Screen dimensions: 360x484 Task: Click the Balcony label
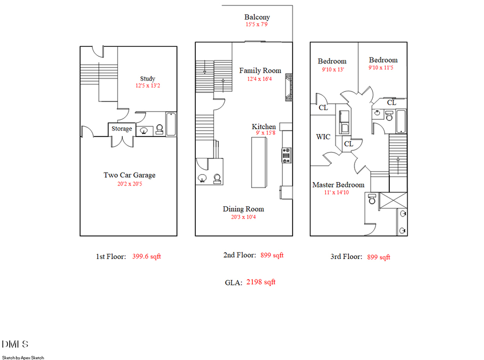tap(257, 17)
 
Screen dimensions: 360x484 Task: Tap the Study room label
tap(147, 79)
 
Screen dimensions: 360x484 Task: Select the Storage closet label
tap(122, 129)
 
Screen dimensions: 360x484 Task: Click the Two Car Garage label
tap(130, 175)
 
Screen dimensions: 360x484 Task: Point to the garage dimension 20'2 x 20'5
tap(130, 184)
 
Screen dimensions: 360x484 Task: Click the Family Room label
tap(260, 71)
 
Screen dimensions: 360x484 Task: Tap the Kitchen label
tap(264, 127)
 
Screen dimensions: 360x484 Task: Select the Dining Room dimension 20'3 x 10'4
tap(243, 217)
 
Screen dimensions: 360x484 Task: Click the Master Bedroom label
tap(338, 185)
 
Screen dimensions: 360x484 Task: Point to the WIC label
tap(323, 137)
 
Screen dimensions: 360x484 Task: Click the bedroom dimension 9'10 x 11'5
tap(383, 68)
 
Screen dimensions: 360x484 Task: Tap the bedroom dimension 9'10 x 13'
tap(332, 69)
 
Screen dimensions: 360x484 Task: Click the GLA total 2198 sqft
tap(260, 282)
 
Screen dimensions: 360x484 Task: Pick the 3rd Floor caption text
tap(346, 257)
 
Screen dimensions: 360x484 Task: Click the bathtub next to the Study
tap(171, 124)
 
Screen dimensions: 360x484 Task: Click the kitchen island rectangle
tap(259, 162)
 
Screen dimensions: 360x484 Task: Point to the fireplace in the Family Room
tap(289, 88)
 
